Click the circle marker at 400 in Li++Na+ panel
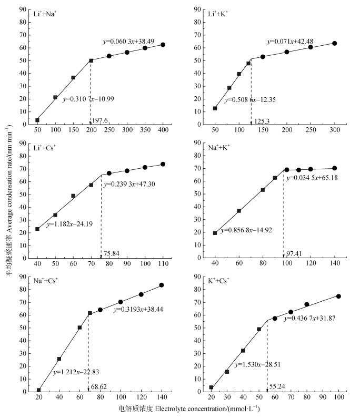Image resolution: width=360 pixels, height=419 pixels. [163, 45]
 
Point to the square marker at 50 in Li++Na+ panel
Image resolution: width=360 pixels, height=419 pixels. [37, 120]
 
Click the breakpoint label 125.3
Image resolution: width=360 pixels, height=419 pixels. [262, 121]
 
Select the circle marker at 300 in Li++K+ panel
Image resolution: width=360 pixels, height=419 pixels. [334, 43]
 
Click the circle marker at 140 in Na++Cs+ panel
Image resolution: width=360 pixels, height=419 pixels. [162, 285]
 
